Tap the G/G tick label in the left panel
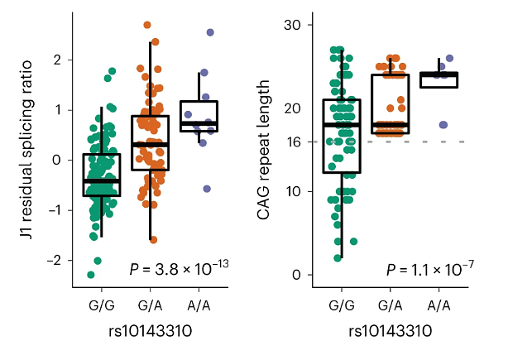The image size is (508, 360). [x=102, y=306]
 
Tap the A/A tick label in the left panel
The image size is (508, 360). [x=199, y=306]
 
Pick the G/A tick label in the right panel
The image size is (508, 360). [x=390, y=306]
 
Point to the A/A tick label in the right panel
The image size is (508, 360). [x=438, y=306]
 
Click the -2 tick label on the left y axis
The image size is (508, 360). [x=55, y=261]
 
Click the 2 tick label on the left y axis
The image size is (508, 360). [x=57, y=60]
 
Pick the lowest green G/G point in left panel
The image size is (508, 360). [x=91, y=275]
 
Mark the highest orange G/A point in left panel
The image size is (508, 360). [x=147, y=25]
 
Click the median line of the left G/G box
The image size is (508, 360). [x=102, y=180]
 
